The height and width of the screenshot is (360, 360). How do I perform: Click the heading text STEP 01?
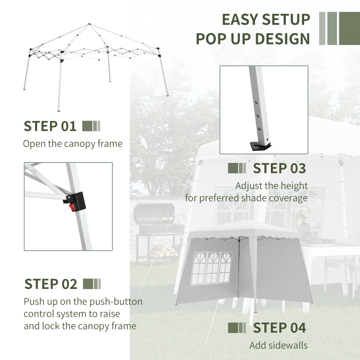[x=50, y=126]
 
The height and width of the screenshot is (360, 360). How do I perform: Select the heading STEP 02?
[x=51, y=284]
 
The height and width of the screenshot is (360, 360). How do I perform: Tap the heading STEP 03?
[x=279, y=168]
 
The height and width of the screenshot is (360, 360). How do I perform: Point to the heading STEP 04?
[x=279, y=328]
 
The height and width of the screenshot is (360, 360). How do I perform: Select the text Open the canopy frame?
[x=72, y=144]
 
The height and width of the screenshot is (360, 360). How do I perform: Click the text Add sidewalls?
[x=279, y=346]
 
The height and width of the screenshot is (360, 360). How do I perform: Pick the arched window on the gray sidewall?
[x=212, y=268]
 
